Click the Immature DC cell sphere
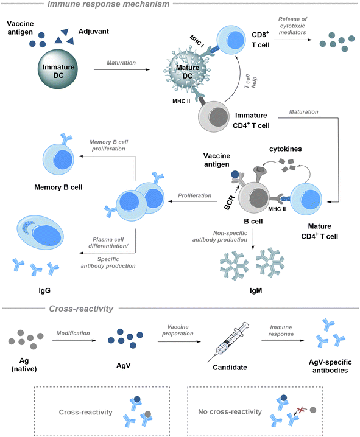click(x=58, y=69)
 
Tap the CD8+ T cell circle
click(x=231, y=40)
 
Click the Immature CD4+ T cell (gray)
click(x=214, y=116)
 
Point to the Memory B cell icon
click(x=58, y=159)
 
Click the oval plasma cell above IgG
click(x=40, y=232)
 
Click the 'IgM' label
click(x=256, y=291)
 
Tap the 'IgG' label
click(x=44, y=291)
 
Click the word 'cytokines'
click(x=285, y=149)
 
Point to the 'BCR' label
click(x=230, y=203)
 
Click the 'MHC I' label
click(x=197, y=41)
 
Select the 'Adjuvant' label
click(x=93, y=32)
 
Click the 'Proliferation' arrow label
click(x=195, y=195)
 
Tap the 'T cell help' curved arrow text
click(x=250, y=82)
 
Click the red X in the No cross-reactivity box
click(x=300, y=410)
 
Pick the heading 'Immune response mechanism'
click(x=108, y=4)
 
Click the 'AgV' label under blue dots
click(x=123, y=365)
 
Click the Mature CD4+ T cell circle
click(x=306, y=199)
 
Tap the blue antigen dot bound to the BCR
click(x=235, y=175)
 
